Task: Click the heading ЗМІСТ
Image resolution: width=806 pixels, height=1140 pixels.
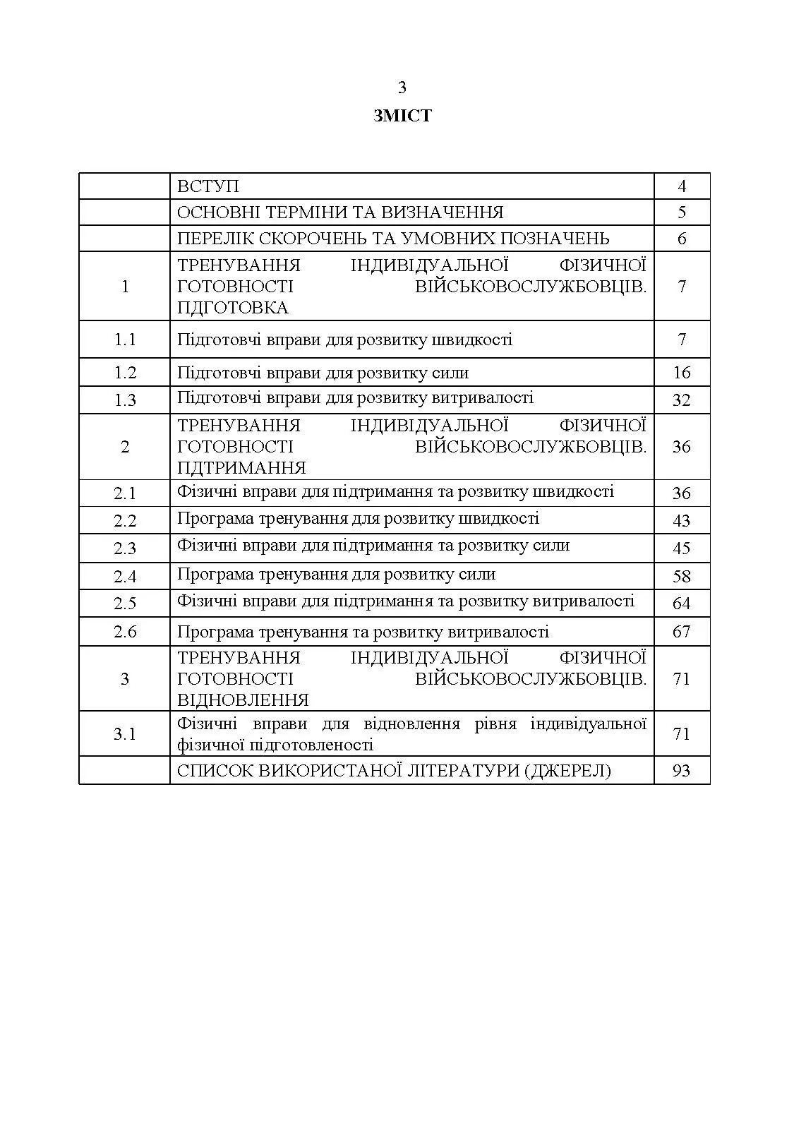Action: [x=402, y=116]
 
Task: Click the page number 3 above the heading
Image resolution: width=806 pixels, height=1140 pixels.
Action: [x=402, y=88]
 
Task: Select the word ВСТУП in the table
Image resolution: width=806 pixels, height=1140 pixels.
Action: [x=208, y=186]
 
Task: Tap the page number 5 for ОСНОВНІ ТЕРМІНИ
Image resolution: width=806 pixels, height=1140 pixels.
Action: [x=682, y=212]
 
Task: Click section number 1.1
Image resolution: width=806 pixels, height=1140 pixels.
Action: [x=125, y=340]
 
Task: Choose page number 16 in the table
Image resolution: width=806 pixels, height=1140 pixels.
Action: [x=682, y=373]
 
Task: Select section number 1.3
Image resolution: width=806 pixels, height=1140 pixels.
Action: [x=125, y=400]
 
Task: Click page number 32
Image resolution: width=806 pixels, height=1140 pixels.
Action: [x=682, y=400]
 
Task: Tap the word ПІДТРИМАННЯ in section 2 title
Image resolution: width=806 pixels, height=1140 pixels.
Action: [x=241, y=468]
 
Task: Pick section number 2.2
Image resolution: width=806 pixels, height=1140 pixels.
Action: [x=125, y=521]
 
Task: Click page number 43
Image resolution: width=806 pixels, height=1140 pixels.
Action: [x=682, y=521]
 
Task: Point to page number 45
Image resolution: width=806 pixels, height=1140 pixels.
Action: [x=682, y=548]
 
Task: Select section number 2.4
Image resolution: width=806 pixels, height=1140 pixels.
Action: [x=125, y=577]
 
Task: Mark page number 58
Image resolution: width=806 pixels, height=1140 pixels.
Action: [x=682, y=577]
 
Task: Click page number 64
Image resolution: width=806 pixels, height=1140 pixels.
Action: [x=682, y=604]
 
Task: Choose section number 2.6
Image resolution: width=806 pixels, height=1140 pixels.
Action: [x=125, y=632]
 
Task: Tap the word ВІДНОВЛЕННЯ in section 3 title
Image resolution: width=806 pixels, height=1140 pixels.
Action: [x=243, y=700]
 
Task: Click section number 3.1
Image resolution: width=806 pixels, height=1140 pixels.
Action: [x=125, y=734]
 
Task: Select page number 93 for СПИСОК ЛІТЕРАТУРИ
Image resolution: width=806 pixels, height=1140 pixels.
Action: [x=682, y=771]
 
